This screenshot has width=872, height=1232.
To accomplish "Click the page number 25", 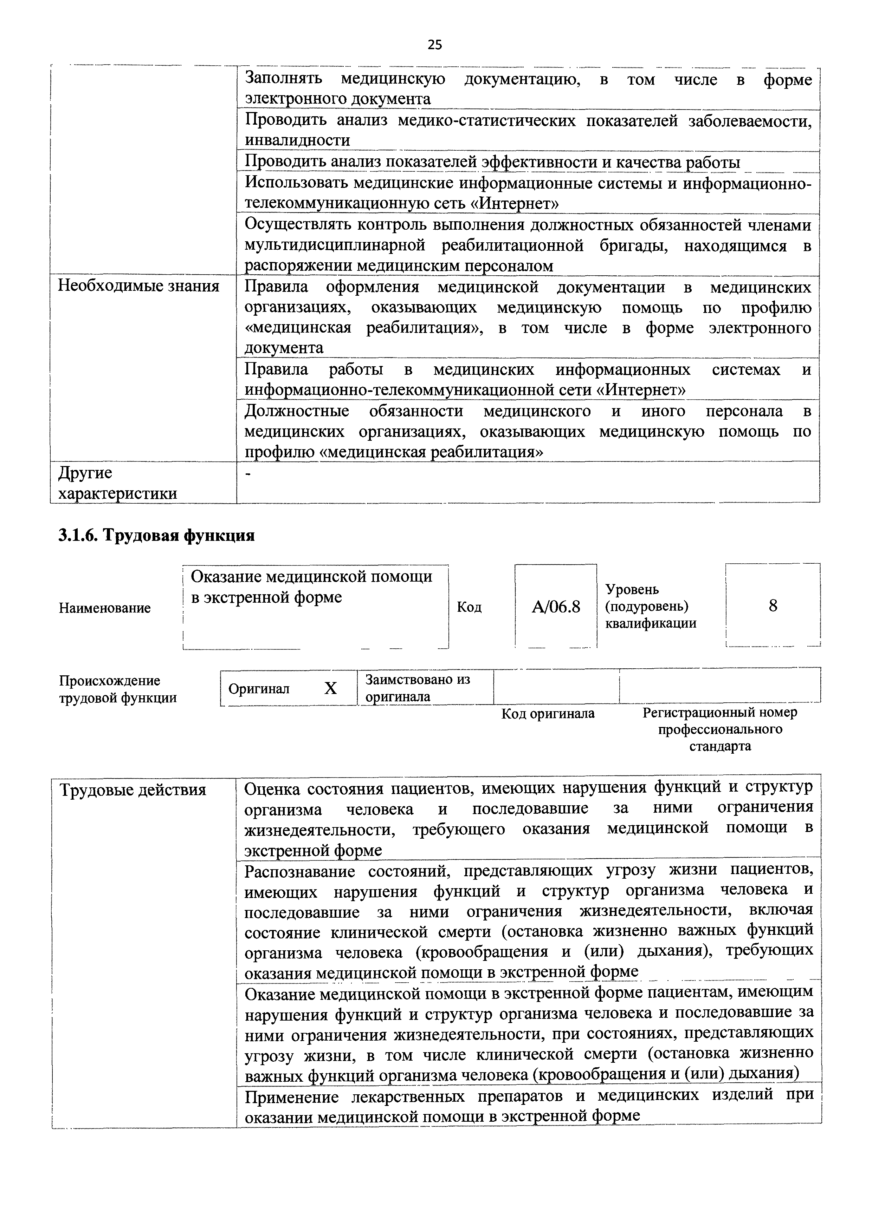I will (435, 45).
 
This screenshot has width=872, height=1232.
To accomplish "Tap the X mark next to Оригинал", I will (330, 688).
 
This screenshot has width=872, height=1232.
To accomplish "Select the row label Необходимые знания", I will (138, 286).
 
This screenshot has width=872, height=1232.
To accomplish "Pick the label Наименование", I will (105, 608).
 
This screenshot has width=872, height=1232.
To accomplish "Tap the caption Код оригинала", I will (548, 714).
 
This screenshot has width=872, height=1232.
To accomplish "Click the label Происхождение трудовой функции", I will (118, 689).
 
